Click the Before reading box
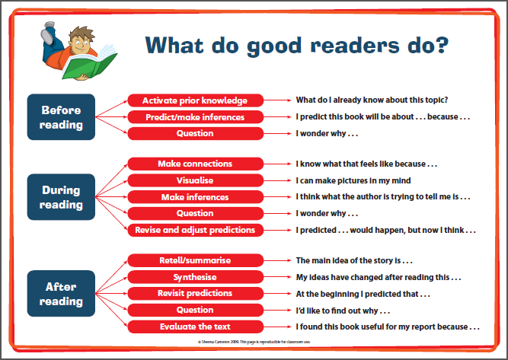pyautogui.click(x=61, y=117)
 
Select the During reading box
pyautogui.click(x=61, y=197)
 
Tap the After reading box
pyautogui.click(x=61, y=293)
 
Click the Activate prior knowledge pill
pyautogui.click(x=196, y=100)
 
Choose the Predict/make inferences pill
pyautogui.click(x=196, y=117)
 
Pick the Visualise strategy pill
pyautogui.click(x=196, y=180)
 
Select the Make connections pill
pyautogui.click(x=196, y=164)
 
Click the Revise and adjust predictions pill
pyautogui.click(x=196, y=230)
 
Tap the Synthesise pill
pyautogui.click(x=196, y=277)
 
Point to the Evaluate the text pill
pyautogui.click(x=196, y=327)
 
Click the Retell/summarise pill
pyautogui.click(x=196, y=260)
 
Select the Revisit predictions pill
pyautogui.click(x=196, y=293)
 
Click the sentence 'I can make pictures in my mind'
pyautogui.click(x=353, y=180)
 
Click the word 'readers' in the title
pyautogui.click(x=355, y=46)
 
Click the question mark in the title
pyautogui.click(x=442, y=45)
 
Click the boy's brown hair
pyautogui.click(x=81, y=33)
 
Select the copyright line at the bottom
pyautogui.click(x=254, y=342)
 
